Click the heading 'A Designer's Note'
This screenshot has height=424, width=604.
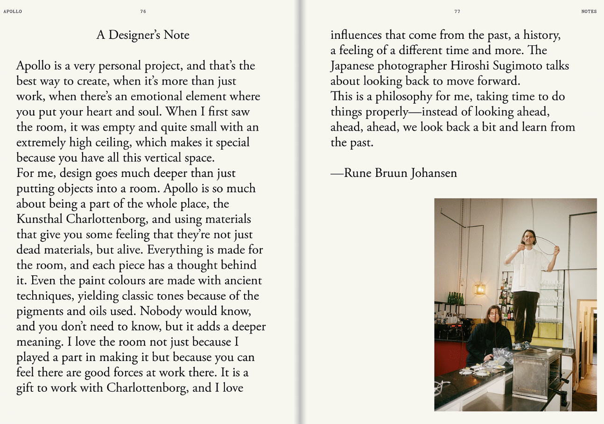pos(143,35)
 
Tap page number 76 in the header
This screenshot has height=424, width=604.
pos(143,11)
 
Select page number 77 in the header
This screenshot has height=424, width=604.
pos(457,11)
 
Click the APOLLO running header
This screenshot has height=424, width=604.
pos(13,11)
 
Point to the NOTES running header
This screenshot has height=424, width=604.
pos(589,11)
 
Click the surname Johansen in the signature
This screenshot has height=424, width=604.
pos(434,173)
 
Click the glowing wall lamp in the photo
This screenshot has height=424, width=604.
pos(480,289)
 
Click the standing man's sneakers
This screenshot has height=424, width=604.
pos(521,346)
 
